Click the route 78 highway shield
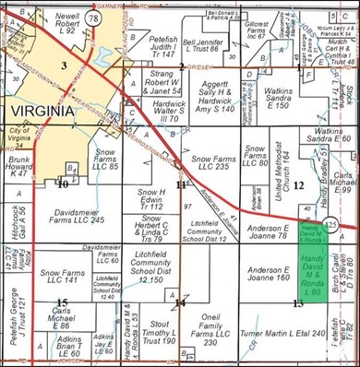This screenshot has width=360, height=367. (x=94, y=18)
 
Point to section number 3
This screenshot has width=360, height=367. (x=64, y=65)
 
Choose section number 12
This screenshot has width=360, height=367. (x=298, y=185)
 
